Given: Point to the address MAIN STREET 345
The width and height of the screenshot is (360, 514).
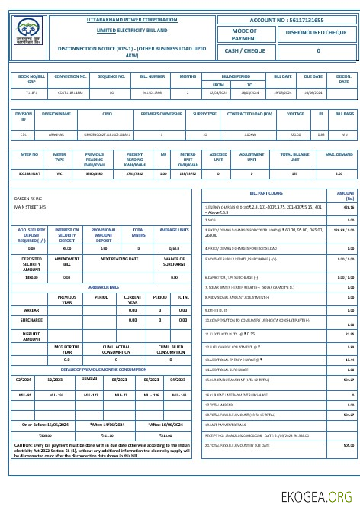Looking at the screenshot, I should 31,206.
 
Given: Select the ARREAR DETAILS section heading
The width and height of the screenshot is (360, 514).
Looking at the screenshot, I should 104,287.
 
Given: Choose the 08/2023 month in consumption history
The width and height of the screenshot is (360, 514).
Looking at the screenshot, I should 119,380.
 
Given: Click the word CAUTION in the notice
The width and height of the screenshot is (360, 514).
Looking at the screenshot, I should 23,444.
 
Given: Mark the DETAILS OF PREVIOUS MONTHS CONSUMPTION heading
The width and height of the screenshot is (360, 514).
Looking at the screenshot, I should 104,369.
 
